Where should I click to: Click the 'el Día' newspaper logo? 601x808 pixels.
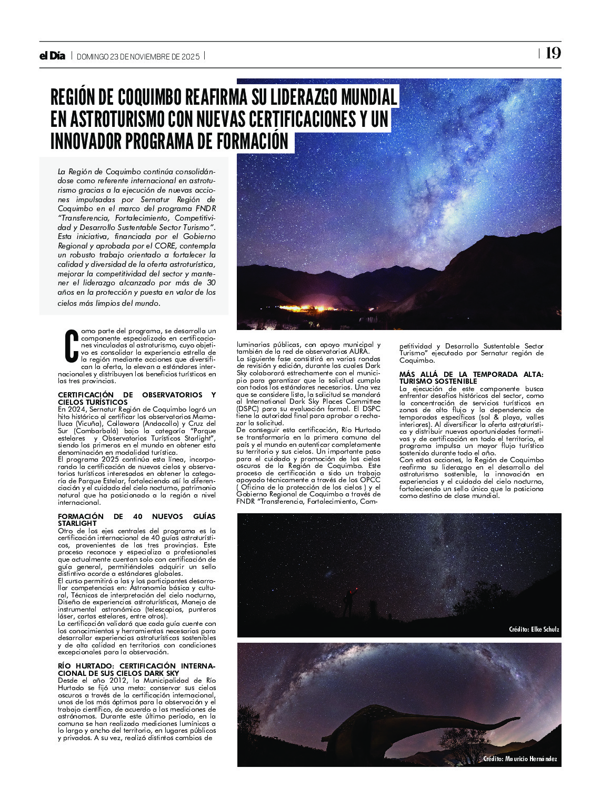tap(52, 56)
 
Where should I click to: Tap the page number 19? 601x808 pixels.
tap(553, 53)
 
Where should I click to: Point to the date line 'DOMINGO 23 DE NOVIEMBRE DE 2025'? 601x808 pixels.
tap(138, 57)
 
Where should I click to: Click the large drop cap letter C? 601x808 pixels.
tap(72, 346)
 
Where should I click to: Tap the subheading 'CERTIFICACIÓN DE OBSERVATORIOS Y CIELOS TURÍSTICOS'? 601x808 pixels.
tap(137, 398)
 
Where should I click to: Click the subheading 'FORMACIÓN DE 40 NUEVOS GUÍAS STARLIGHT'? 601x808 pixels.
tap(137, 520)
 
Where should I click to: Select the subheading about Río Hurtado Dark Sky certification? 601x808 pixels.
tap(137, 669)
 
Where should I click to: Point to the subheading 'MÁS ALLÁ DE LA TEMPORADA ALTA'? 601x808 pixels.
tap(471, 377)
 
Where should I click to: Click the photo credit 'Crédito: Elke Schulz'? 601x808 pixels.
tap(534, 630)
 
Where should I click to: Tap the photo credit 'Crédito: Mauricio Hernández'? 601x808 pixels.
tap(520, 759)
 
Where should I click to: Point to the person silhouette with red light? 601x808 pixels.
tap(349, 603)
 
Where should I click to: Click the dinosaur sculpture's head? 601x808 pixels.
tap(513, 719)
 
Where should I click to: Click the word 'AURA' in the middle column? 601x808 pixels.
tap(358, 351)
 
